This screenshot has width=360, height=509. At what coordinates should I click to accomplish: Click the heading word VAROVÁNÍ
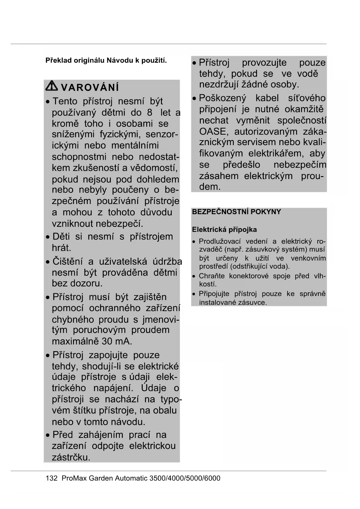(x=90, y=87)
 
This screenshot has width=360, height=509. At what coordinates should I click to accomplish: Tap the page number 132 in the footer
(x=52, y=478)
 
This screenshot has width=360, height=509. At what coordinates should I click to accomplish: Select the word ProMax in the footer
(x=74, y=478)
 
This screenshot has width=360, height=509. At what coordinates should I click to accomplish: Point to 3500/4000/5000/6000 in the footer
(x=185, y=478)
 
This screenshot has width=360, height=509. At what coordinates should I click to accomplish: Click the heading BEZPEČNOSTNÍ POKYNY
(x=236, y=212)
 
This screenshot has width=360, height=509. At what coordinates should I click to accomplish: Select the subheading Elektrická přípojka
(x=224, y=230)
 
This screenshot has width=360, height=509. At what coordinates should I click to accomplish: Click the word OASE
(x=212, y=131)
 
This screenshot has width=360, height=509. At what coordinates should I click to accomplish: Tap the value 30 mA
(x=117, y=341)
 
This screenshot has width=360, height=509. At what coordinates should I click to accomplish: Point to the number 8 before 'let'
(x=149, y=112)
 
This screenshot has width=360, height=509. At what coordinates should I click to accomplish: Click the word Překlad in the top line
(x=58, y=61)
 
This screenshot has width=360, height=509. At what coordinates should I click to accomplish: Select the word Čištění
(x=68, y=261)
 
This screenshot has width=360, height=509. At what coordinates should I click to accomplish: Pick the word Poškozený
(x=222, y=98)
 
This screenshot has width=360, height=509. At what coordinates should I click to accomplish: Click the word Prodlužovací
(x=220, y=241)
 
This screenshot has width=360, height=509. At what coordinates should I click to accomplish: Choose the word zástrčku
(x=71, y=457)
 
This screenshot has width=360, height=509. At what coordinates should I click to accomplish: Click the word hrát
(x=61, y=248)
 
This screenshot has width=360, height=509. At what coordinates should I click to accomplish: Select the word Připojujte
(x=214, y=294)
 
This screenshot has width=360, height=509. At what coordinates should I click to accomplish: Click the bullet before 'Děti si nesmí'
(x=48, y=237)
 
